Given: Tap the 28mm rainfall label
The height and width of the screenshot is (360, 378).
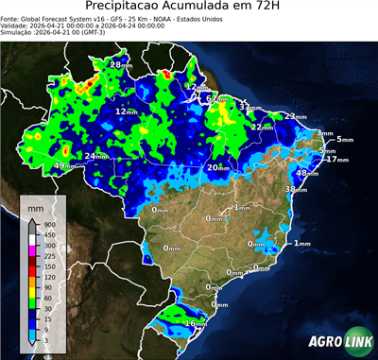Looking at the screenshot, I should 121,64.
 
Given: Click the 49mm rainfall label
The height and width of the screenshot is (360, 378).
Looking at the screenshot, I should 64,166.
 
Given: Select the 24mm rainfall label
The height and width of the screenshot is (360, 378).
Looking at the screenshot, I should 96,156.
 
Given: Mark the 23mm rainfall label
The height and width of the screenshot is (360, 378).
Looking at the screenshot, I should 296,117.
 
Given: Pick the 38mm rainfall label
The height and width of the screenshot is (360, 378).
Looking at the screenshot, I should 297,189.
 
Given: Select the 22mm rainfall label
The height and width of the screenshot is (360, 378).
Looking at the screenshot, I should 263,127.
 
